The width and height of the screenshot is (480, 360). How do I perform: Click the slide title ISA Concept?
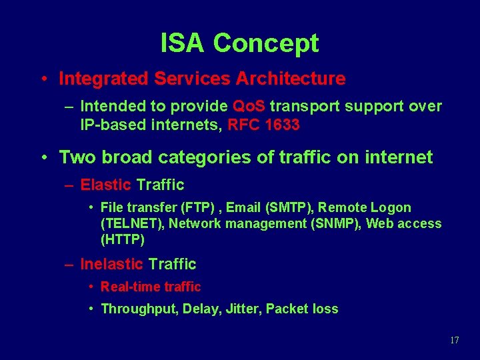[x=239, y=43]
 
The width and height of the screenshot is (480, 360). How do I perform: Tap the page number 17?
[x=455, y=341]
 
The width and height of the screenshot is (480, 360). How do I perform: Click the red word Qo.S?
[x=249, y=107]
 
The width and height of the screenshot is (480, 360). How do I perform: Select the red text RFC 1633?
[x=263, y=124]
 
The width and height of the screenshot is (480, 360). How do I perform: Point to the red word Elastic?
[x=105, y=185]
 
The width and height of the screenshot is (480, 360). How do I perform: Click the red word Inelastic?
[x=111, y=264]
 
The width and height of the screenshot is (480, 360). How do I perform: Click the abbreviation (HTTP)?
[x=123, y=239]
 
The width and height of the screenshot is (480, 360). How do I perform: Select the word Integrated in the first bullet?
[x=103, y=79]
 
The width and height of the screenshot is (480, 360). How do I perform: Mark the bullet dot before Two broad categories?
[x=43, y=158]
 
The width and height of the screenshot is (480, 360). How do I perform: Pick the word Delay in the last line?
[x=202, y=309]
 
